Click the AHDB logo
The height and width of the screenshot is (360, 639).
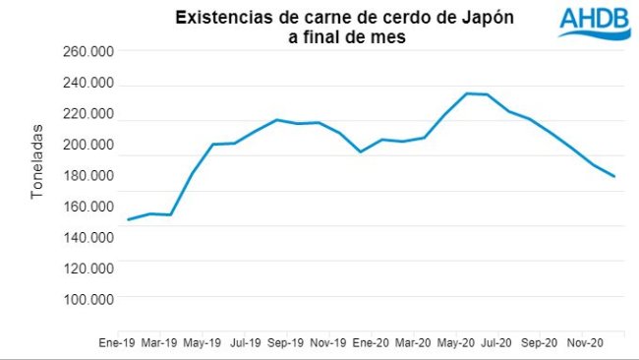(x=593, y=22)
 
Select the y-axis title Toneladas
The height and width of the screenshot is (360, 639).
(x=37, y=161)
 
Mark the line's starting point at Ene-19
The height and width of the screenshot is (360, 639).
(x=128, y=219)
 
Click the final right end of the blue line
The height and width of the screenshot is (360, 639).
(x=615, y=177)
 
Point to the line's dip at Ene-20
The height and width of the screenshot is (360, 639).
(x=361, y=151)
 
